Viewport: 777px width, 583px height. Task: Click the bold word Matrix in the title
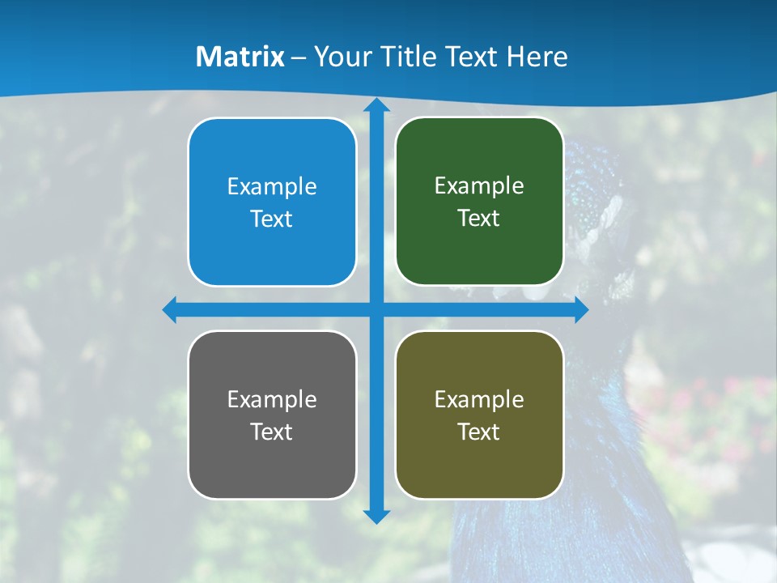point(240,57)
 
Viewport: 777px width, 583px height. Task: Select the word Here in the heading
point(537,57)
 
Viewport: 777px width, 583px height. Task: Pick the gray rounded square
point(272,470)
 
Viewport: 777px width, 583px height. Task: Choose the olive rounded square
point(479,470)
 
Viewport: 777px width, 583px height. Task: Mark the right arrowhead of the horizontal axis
point(581,310)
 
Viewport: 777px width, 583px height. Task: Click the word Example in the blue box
point(272,187)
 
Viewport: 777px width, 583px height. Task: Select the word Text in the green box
point(479,219)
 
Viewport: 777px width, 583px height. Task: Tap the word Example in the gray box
point(272,400)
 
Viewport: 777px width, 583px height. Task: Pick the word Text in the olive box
point(479,432)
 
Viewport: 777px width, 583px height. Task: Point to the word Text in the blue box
point(272,219)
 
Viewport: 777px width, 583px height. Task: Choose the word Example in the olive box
point(479,400)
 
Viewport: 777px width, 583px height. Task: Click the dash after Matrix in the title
point(299,57)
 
